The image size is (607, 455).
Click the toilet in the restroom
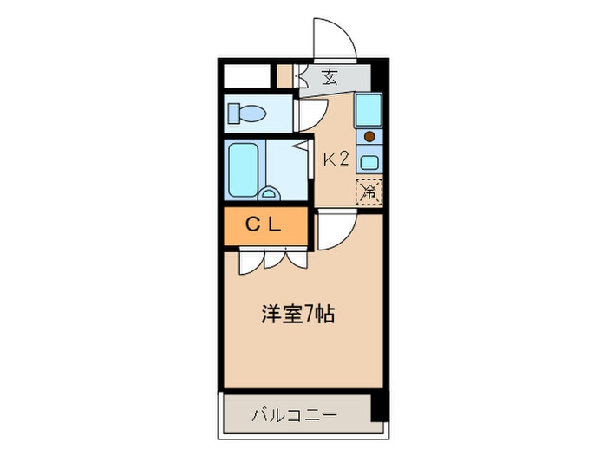pyautogui.click(x=246, y=114)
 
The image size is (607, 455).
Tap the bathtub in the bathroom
pyautogui.click(x=243, y=170)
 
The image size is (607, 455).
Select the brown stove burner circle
pyautogui.click(x=369, y=136)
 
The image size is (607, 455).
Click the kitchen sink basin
pyautogui.click(x=369, y=162)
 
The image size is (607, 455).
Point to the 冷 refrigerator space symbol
pyautogui.click(x=369, y=192)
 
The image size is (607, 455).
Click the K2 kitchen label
pyautogui.click(x=336, y=159)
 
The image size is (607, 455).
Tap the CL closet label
pyautogui.click(x=264, y=224)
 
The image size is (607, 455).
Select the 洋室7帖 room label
pyautogui.click(x=298, y=314)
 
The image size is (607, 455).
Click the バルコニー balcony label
pyautogui.click(x=295, y=416)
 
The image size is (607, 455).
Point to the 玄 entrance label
pyautogui.click(x=330, y=78)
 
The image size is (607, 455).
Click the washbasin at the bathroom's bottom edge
pyautogui.click(x=268, y=194)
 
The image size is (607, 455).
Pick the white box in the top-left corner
pyautogui.click(x=246, y=76)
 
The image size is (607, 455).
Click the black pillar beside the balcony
pyautogui.click(x=380, y=407)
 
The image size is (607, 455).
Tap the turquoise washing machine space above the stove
pyautogui.click(x=369, y=110)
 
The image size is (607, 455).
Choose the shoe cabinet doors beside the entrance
pyautogui.click(x=301, y=76)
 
